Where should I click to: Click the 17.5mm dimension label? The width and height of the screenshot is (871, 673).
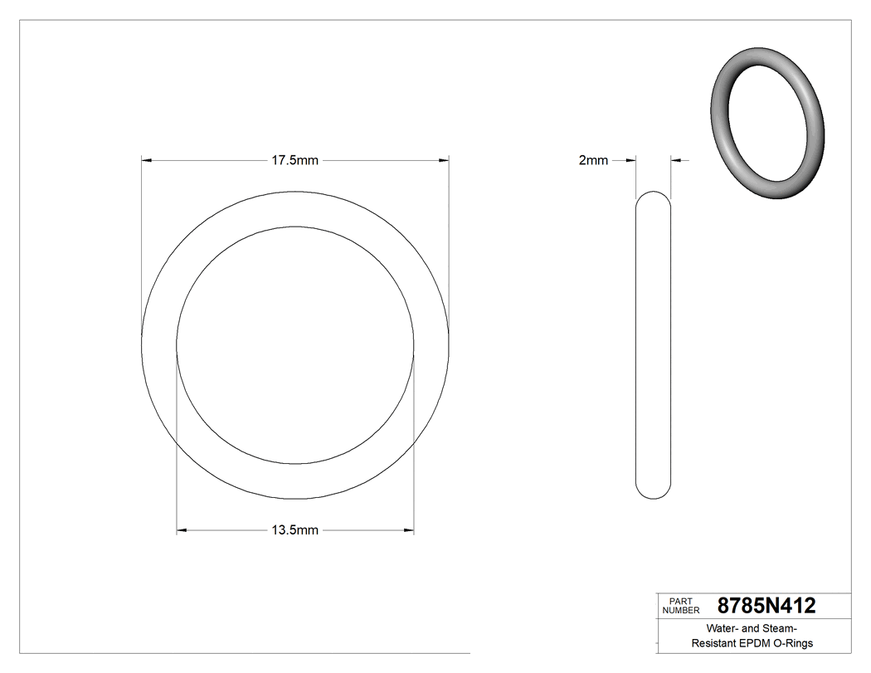(295, 161)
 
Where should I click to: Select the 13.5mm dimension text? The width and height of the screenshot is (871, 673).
(295, 530)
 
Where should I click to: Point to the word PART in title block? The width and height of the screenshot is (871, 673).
(679, 601)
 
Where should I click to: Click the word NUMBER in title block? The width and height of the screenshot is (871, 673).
(681, 611)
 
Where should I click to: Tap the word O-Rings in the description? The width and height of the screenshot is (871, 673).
(795, 643)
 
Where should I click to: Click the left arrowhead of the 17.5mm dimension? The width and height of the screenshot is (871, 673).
(148, 161)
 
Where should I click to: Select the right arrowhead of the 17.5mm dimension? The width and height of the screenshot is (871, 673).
(444, 161)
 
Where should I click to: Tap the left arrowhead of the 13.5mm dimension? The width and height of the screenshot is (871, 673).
(182, 530)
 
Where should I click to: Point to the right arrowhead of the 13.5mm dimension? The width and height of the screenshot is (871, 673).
(408, 530)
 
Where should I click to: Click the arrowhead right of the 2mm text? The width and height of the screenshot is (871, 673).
(630, 161)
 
